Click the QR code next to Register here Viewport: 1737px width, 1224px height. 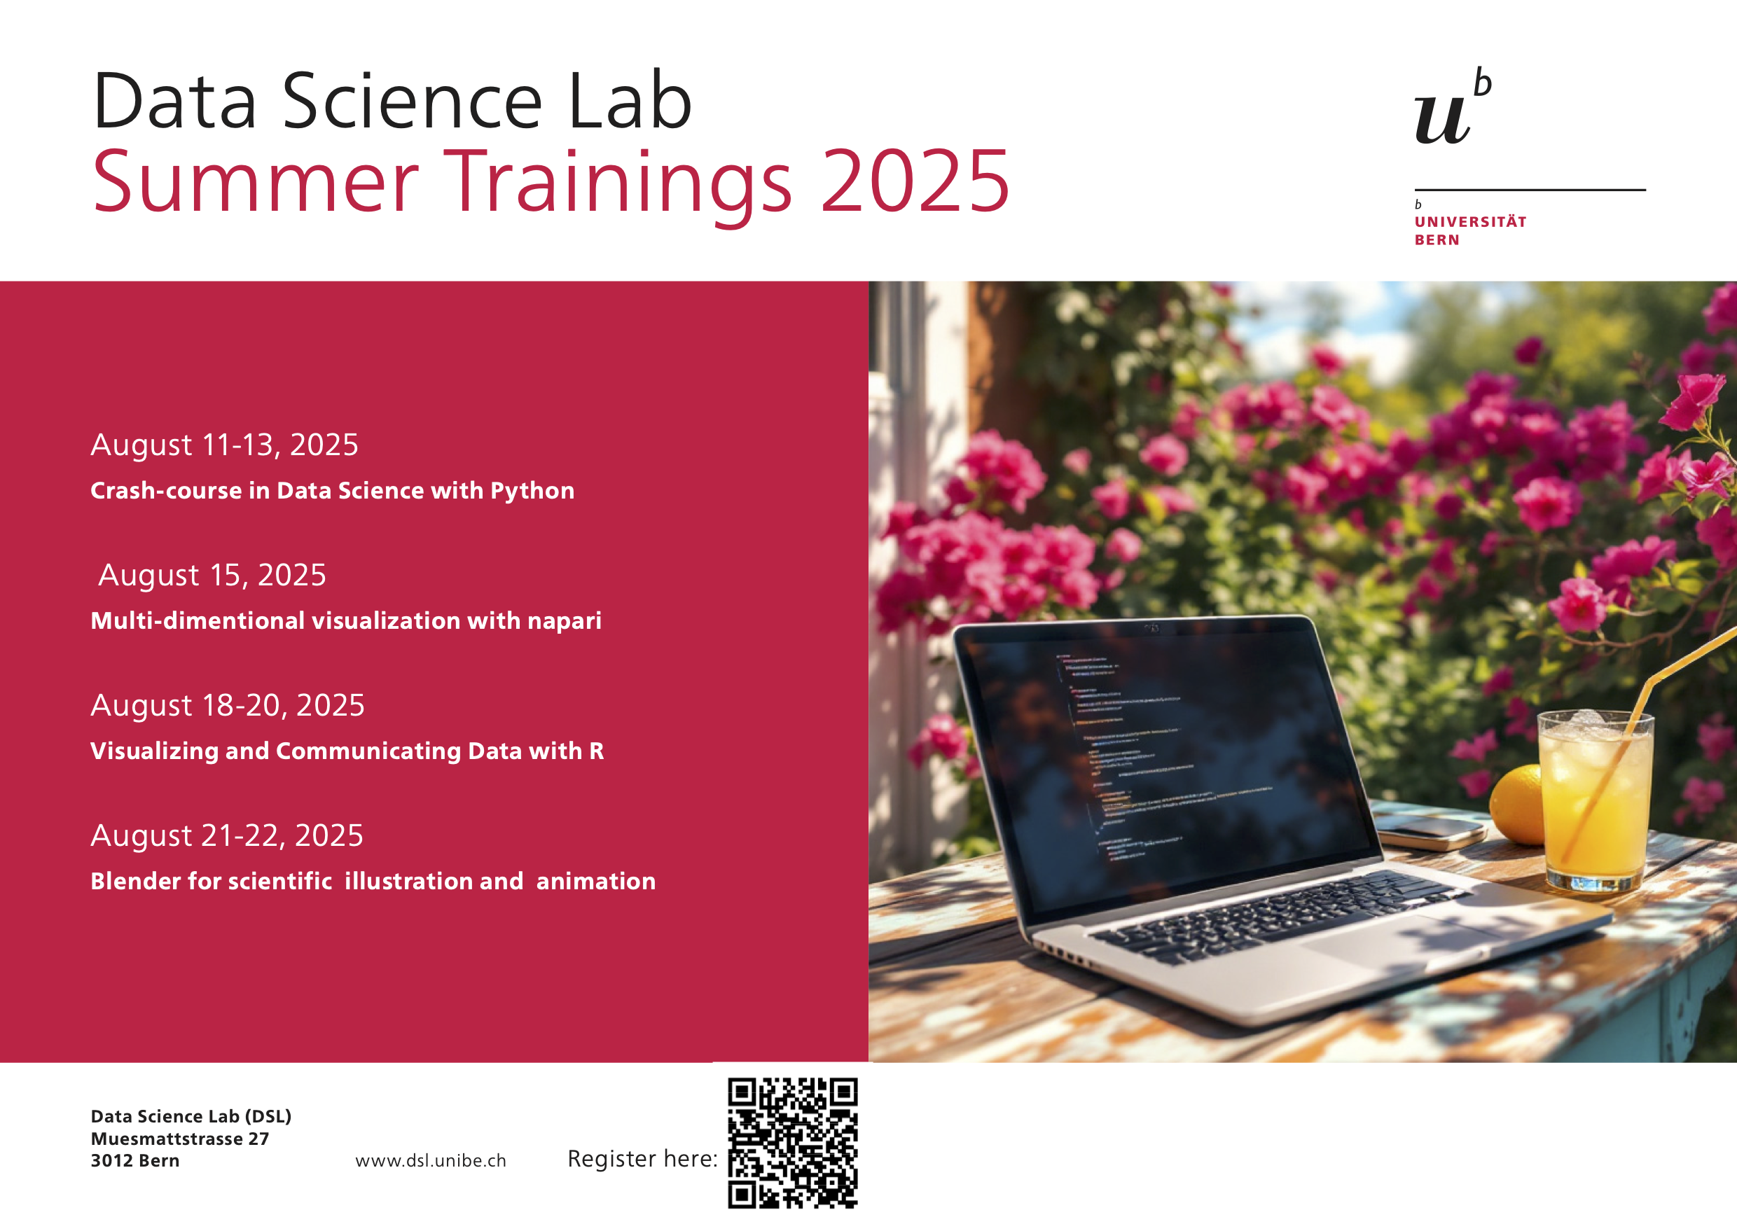793,1142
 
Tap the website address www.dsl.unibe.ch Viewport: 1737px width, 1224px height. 431,1160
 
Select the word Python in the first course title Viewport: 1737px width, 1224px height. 532,491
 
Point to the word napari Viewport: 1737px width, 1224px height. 565,622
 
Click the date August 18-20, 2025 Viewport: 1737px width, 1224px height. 228,705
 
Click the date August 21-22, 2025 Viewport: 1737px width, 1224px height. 227,835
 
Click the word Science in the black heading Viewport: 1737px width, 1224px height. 413,101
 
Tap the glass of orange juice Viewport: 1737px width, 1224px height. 1596,800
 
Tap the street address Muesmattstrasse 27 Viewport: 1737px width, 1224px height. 180,1139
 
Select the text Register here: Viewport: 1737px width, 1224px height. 642,1158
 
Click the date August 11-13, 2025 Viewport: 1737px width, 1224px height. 225,445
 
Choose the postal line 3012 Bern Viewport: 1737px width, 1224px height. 135,1160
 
